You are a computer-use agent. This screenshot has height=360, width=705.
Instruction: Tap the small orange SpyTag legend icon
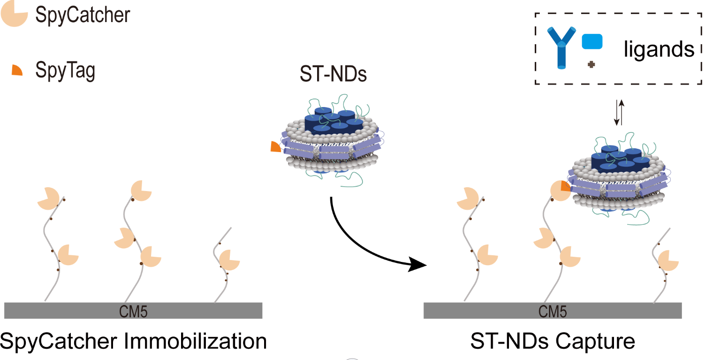(x=17, y=70)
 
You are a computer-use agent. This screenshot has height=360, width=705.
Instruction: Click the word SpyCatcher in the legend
(x=83, y=15)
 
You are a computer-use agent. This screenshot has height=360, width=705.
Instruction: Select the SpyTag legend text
(x=65, y=71)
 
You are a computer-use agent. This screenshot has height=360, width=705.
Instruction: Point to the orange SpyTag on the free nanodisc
(x=275, y=146)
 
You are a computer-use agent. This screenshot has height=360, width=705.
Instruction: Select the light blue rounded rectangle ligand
(x=592, y=41)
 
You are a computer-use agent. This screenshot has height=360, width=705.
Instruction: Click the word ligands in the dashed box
(x=659, y=49)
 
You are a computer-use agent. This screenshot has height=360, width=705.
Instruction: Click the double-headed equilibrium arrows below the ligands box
(x=620, y=113)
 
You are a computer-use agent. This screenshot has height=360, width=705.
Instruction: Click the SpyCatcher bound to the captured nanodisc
(x=559, y=190)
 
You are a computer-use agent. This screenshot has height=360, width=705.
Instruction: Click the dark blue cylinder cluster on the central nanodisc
(x=333, y=121)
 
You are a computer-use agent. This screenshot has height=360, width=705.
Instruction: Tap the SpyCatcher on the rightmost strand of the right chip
(x=667, y=260)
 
